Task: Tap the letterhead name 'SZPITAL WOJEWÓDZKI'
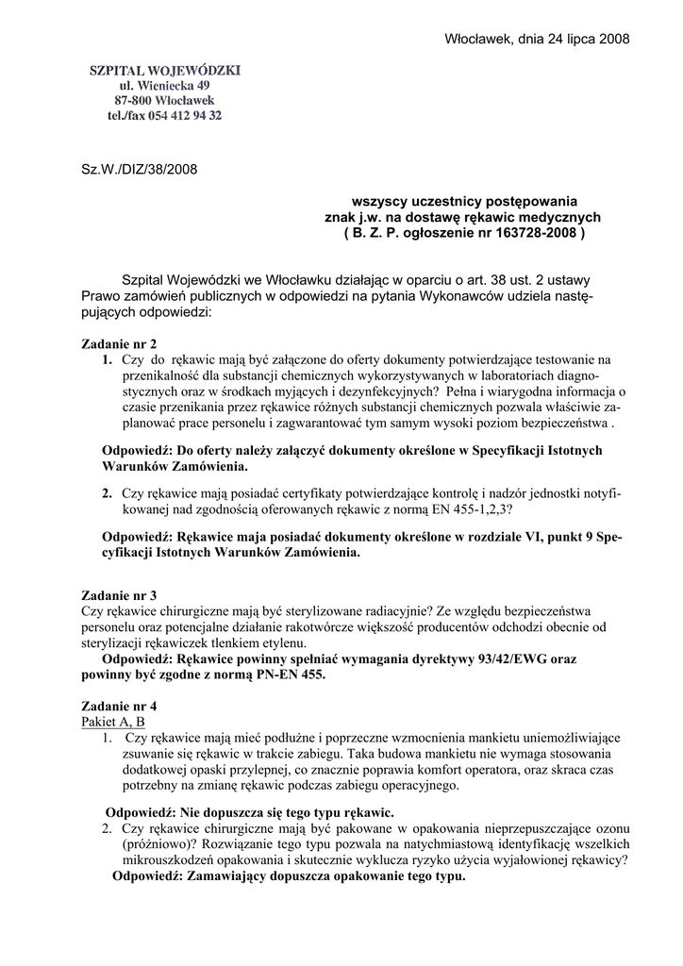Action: pyautogui.click(x=165, y=70)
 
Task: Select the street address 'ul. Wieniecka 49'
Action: pyautogui.click(x=165, y=85)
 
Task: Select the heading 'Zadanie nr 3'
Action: pyautogui.click(x=114, y=595)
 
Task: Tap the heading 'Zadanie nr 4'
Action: pyautogui.click(x=114, y=706)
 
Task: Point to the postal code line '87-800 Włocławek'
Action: pyautogui.click(x=165, y=100)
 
